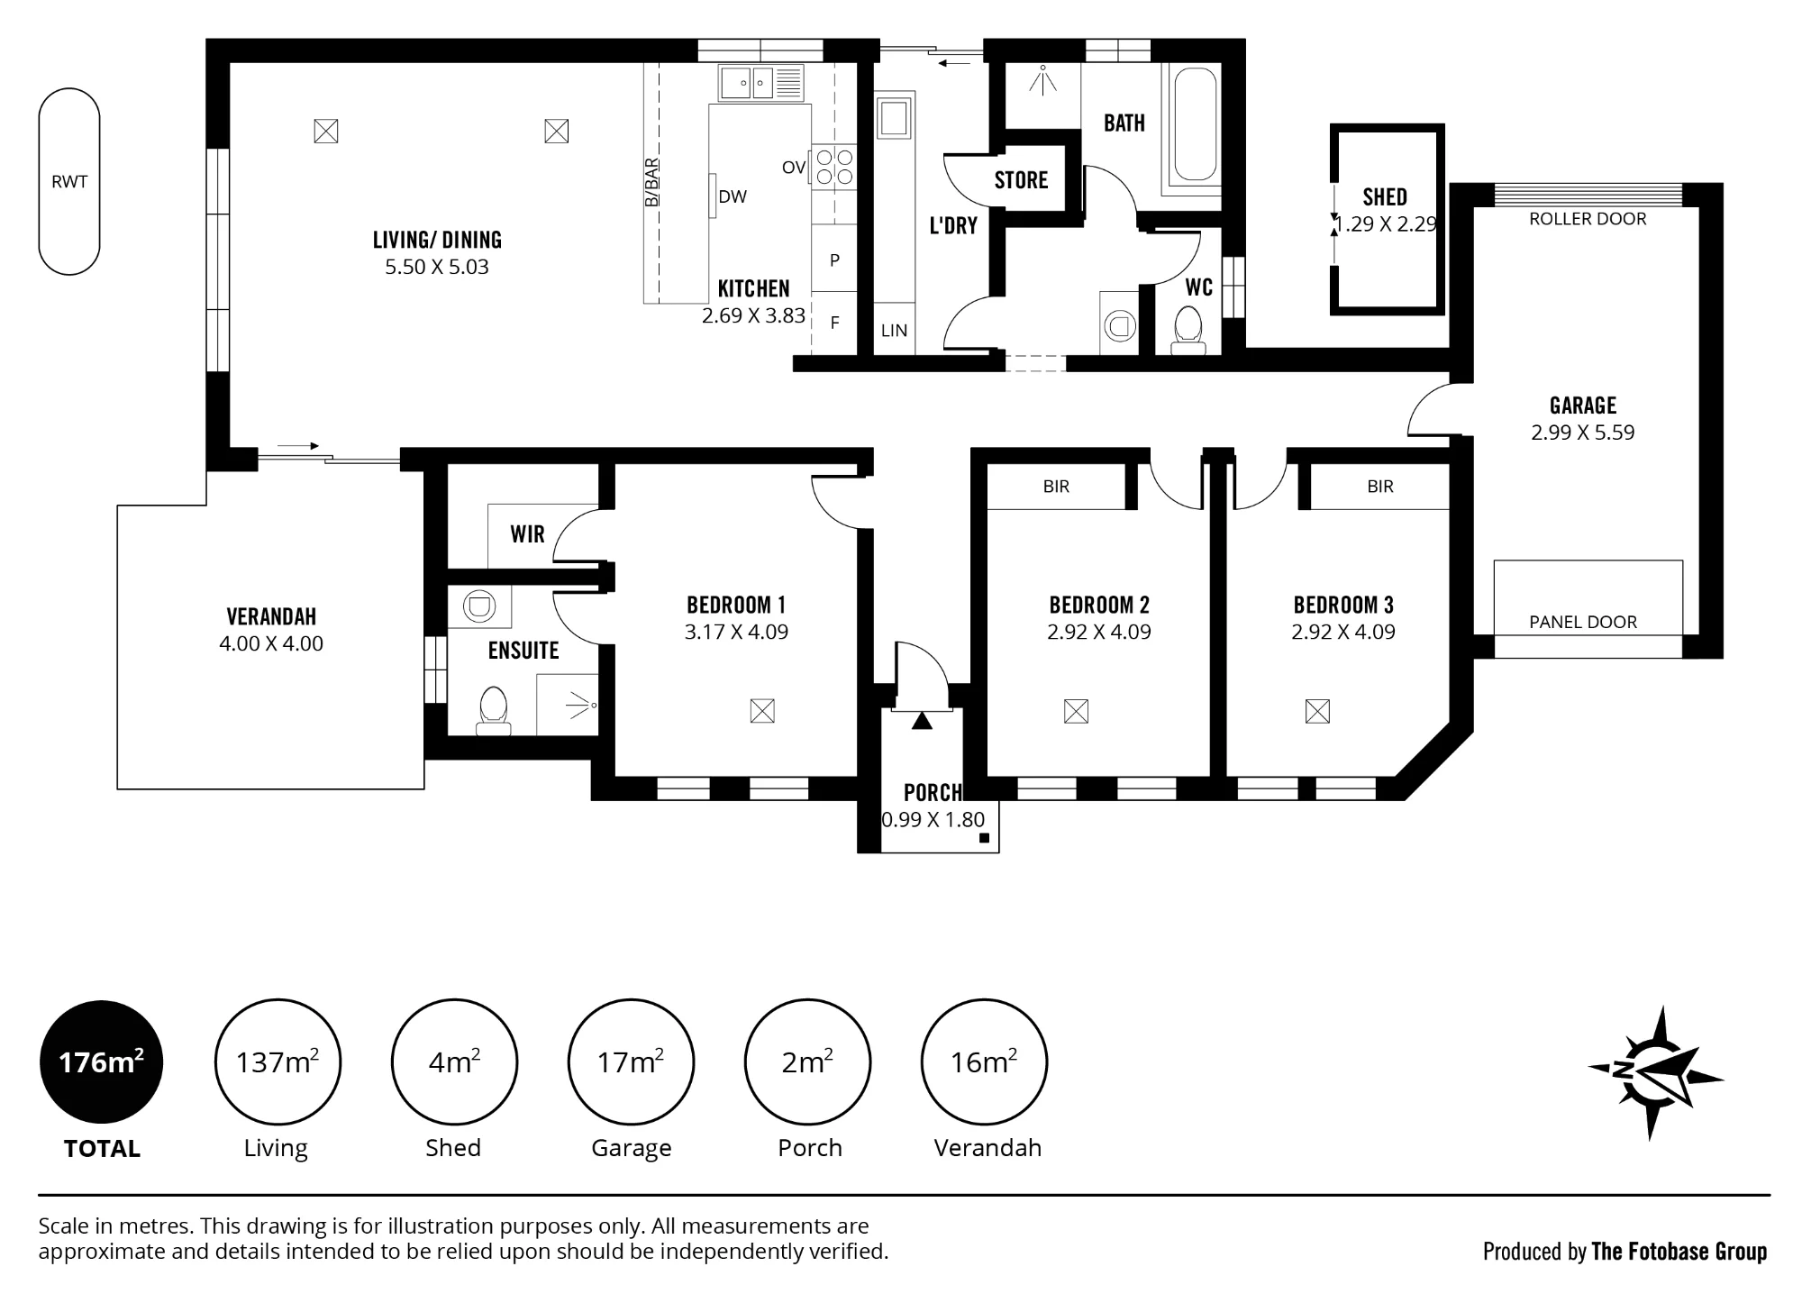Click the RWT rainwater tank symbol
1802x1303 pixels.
pyautogui.click(x=69, y=181)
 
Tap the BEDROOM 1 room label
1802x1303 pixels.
pyautogui.click(x=736, y=605)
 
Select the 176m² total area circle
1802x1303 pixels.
pyautogui.click(x=102, y=1062)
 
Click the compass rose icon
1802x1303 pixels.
pyautogui.click(x=1655, y=1072)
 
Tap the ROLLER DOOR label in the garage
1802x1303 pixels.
pyautogui.click(x=1588, y=219)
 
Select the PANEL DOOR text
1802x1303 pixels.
pyautogui.click(x=1583, y=622)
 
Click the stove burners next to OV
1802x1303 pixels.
pyautogui.click(x=833, y=168)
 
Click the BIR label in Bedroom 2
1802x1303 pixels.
pyautogui.click(x=1056, y=487)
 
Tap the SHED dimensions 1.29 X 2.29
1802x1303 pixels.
pyautogui.click(x=1386, y=224)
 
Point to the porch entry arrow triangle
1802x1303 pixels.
pyautogui.click(x=922, y=720)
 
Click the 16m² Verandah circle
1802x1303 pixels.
pyautogui.click(x=984, y=1062)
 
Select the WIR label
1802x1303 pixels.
pyautogui.click(x=527, y=534)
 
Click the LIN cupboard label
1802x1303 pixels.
pyautogui.click(x=894, y=331)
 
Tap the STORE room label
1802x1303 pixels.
pyautogui.click(x=1021, y=180)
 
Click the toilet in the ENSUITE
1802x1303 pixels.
pyautogui.click(x=493, y=710)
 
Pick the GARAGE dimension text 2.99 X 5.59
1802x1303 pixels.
pyautogui.click(x=1583, y=433)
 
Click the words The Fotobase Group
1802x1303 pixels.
pyautogui.click(x=1679, y=1252)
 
